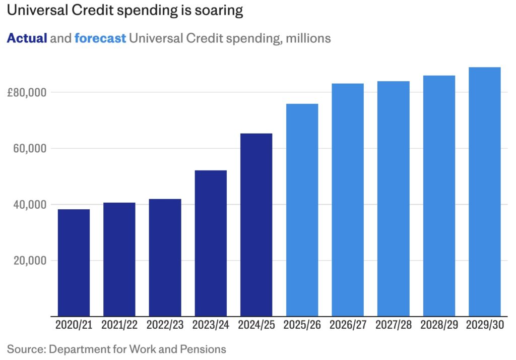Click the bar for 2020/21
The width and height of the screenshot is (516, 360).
[x=74, y=262]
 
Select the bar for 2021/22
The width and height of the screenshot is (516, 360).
[x=119, y=259]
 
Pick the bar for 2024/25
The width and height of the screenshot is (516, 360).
[x=256, y=224]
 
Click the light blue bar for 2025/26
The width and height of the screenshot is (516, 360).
[x=302, y=210]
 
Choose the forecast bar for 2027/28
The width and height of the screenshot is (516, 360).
[x=393, y=199]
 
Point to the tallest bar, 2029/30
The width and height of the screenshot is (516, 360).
[x=484, y=192]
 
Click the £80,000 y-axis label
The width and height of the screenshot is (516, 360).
[x=28, y=93]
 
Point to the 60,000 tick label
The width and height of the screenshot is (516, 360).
[x=32, y=149]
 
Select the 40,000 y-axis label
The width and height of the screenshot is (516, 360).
[x=32, y=205]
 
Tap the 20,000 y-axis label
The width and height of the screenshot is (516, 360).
[x=32, y=261]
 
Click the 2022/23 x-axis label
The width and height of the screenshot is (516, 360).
[x=165, y=325]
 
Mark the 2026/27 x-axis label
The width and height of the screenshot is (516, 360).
[x=347, y=325]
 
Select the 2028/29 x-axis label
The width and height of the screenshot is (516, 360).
[x=439, y=325]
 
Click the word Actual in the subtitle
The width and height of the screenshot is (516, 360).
[x=27, y=38]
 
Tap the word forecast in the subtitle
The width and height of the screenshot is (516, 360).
[x=100, y=38]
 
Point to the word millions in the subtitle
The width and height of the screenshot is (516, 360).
[x=308, y=38]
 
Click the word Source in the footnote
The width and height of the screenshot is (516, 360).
[x=24, y=349]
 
